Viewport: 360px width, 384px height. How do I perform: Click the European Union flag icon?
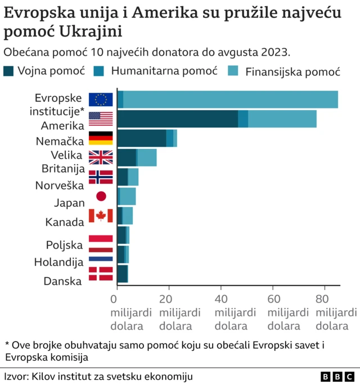(101, 100)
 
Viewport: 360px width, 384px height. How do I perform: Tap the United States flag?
(101, 119)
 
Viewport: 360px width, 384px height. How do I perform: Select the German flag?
(101, 138)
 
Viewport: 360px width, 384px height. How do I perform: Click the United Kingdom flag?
(101, 157)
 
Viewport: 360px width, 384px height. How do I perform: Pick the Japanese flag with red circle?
(101, 196)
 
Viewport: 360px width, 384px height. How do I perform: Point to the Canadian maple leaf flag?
(101, 215)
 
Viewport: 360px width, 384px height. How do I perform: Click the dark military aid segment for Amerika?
(177, 119)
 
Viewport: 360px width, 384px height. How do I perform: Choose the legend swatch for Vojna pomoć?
(9, 71)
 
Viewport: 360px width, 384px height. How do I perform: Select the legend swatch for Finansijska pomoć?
(233, 71)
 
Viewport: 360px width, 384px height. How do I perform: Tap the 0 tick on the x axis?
(117, 299)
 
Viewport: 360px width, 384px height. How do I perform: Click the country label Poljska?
(65, 245)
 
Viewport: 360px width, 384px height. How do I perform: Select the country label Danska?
(63, 281)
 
